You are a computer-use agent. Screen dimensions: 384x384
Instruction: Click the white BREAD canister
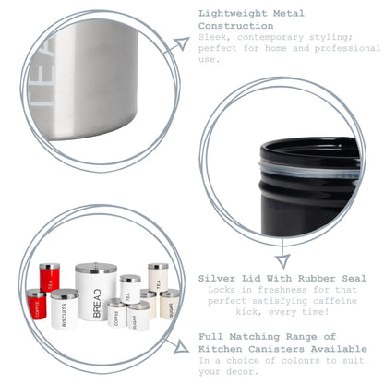click(x=96, y=295)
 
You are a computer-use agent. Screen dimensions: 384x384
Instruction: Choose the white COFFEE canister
click(x=116, y=313)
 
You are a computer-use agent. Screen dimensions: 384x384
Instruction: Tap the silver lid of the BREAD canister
click(x=96, y=268)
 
